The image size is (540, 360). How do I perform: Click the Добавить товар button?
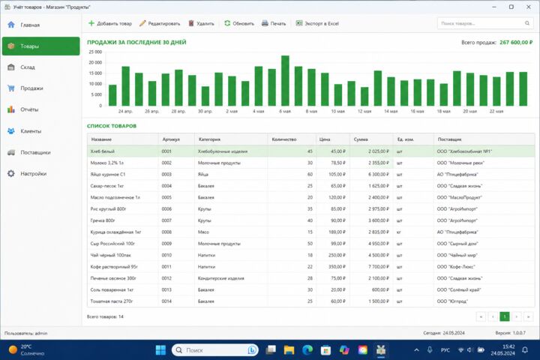(x=110, y=23)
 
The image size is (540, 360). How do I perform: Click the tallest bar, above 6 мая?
(x=285, y=80)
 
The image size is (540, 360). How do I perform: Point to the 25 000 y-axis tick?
(x=95, y=52)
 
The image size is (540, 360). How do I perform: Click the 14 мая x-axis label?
(x=391, y=111)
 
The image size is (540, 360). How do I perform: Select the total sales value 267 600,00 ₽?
(x=516, y=42)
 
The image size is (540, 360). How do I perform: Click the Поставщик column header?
(x=449, y=139)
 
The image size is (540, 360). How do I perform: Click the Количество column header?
(x=284, y=139)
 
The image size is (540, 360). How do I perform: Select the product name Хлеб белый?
(x=102, y=151)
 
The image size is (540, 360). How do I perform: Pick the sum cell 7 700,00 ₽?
(x=379, y=267)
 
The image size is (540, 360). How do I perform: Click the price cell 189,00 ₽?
(x=337, y=232)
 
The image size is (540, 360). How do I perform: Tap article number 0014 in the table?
(x=166, y=301)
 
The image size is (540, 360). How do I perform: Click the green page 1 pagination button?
(x=505, y=316)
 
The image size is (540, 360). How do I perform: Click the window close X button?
(x=529, y=7)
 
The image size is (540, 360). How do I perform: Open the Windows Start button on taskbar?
(x=160, y=350)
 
